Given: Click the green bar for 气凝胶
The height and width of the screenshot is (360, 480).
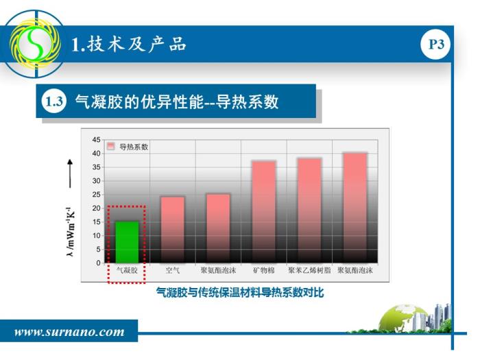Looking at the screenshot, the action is [x=127, y=242].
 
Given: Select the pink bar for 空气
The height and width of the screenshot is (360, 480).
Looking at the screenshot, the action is [x=173, y=230].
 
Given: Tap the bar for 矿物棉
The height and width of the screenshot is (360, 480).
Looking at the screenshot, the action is [x=264, y=212].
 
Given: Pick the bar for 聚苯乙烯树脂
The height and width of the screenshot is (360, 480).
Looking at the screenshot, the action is [x=309, y=211].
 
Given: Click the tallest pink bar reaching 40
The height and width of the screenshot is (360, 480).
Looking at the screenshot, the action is [x=355, y=208].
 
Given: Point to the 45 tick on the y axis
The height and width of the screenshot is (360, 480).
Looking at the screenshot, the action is [x=97, y=140].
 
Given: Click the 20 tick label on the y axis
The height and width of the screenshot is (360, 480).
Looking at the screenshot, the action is [x=97, y=208].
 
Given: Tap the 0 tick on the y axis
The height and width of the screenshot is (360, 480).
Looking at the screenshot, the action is [x=98, y=263].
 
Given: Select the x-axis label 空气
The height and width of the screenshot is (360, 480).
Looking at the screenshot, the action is [x=173, y=270].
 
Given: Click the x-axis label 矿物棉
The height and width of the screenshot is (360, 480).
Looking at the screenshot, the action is [x=264, y=270].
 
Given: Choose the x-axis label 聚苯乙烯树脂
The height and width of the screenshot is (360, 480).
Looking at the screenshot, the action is [x=309, y=270].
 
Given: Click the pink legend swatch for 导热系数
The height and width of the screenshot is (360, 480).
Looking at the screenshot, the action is [x=111, y=146].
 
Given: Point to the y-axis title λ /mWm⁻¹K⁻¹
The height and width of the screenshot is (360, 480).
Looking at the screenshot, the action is [x=70, y=232].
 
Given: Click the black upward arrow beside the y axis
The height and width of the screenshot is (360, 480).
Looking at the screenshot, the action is [x=70, y=173].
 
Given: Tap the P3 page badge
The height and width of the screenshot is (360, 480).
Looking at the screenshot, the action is [x=436, y=45].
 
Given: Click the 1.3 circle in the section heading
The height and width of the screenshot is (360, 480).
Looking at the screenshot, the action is [x=54, y=101].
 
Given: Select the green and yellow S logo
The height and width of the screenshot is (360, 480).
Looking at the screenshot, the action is [x=35, y=43].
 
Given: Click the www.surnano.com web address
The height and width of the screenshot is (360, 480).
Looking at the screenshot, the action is [x=69, y=332].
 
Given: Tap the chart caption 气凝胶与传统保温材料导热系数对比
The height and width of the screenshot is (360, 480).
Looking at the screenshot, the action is [x=240, y=292].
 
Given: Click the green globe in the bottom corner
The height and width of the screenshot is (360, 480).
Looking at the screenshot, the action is [x=403, y=318].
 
